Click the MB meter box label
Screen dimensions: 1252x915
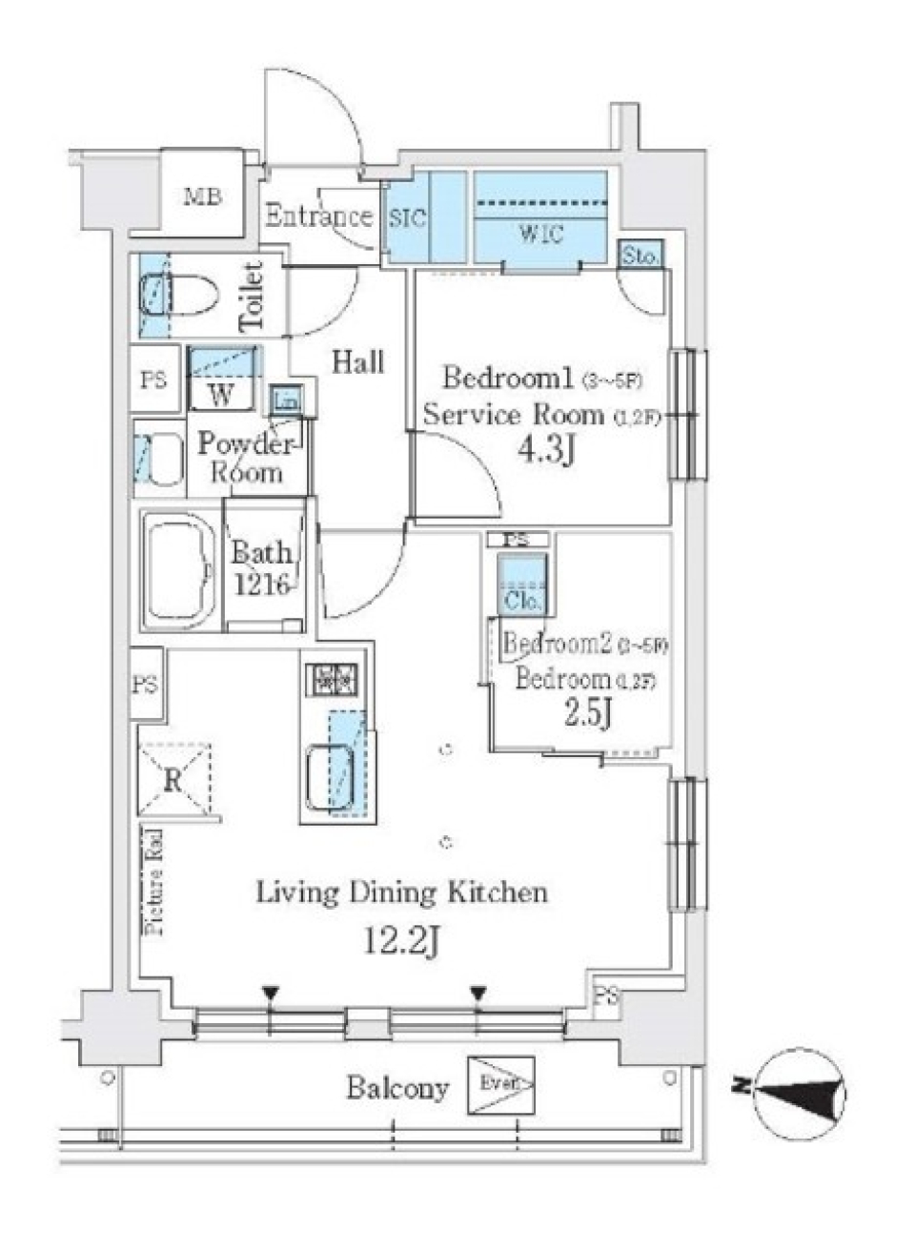click(203, 197)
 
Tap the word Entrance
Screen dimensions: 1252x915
click(317, 216)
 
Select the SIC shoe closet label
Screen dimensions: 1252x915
click(408, 217)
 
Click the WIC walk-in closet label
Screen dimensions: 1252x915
click(540, 234)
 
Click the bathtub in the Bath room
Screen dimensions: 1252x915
click(180, 571)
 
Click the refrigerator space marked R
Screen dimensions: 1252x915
click(173, 780)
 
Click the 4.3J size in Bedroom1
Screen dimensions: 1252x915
click(544, 451)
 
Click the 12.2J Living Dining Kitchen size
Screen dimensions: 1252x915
click(400, 942)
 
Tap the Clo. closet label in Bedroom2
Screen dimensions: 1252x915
click(522, 601)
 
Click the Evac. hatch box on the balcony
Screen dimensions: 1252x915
click(500, 1085)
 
